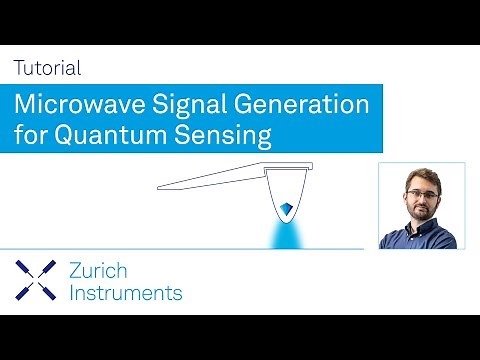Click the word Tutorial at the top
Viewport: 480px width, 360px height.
(x=47, y=69)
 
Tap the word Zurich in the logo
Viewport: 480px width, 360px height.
(x=99, y=270)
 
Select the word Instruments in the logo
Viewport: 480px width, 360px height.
(x=126, y=293)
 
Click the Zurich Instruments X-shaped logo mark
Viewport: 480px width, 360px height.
(x=35, y=280)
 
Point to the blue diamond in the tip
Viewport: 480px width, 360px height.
(x=287, y=208)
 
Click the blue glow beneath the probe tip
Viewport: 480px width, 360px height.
(x=287, y=236)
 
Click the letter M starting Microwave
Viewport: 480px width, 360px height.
(x=25, y=104)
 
